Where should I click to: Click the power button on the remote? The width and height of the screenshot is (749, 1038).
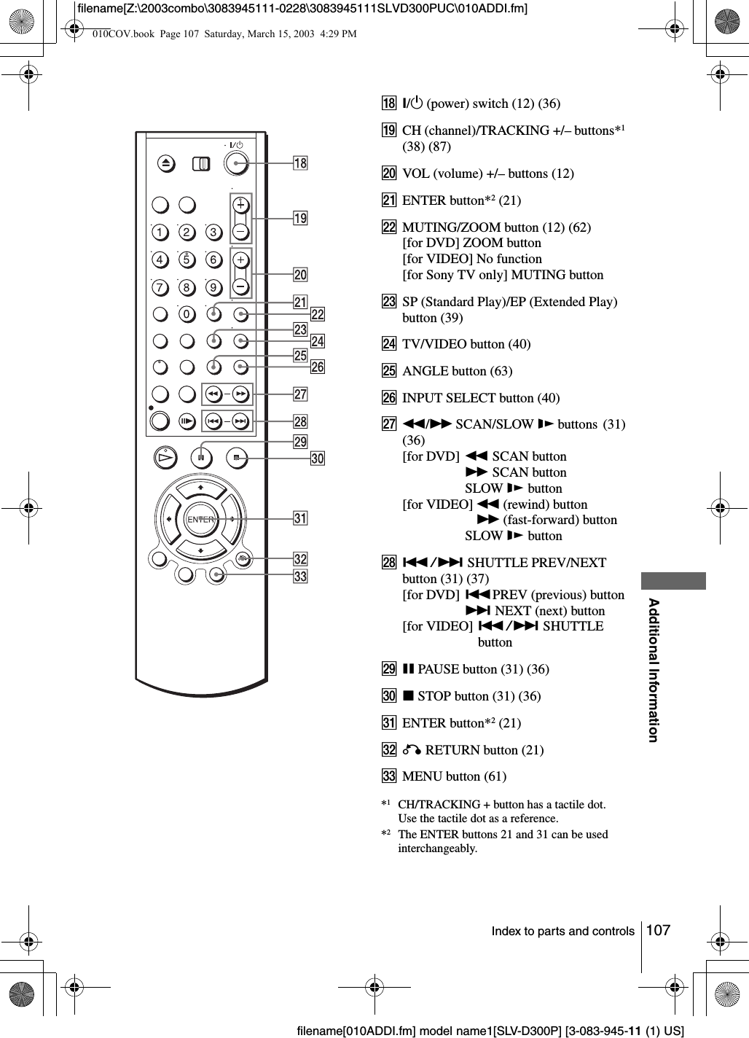pos(235,163)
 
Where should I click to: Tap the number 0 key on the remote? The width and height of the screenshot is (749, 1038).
pos(187,314)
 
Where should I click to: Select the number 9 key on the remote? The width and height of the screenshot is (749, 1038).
pos(213,287)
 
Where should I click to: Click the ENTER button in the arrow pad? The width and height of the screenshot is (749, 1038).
pos(200,520)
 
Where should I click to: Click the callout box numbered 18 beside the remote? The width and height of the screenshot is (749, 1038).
pos(300,163)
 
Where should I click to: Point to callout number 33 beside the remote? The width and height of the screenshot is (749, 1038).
pos(300,577)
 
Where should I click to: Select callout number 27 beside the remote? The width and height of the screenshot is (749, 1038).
pos(300,394)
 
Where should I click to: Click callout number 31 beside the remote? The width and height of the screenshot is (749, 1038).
pos(300,518)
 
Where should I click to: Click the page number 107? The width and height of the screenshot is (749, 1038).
pos(658,930)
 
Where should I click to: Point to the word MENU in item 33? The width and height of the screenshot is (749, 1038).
pos(420,776)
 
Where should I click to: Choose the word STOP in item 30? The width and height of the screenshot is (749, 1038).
pos(434,696)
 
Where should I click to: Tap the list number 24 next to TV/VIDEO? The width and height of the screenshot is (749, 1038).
pos(390,344)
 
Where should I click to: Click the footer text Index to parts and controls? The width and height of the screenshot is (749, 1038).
pos(562,932)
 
